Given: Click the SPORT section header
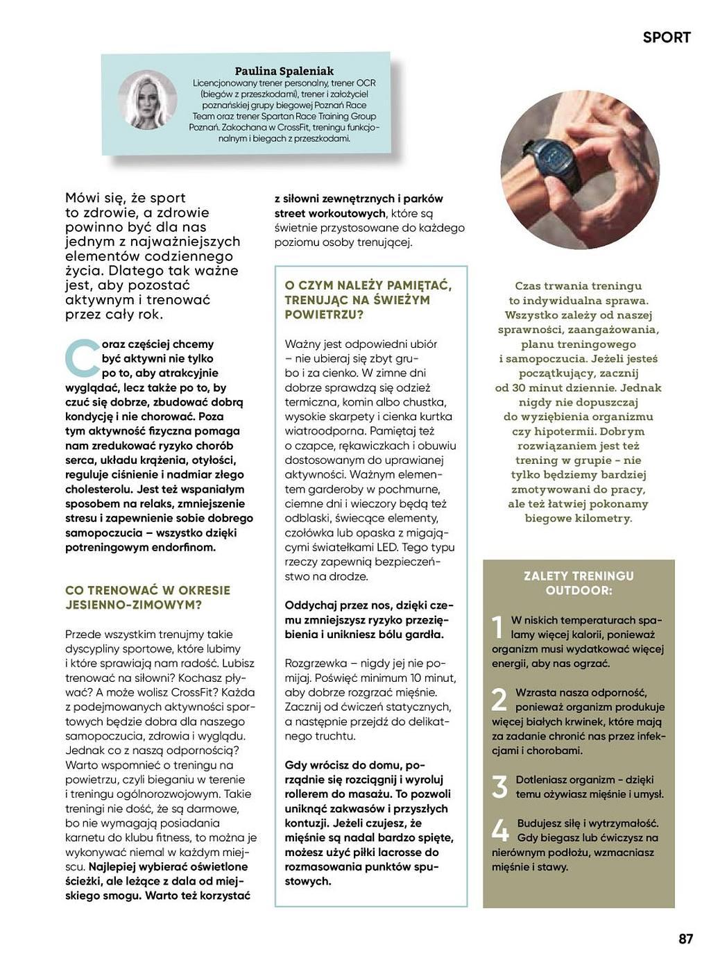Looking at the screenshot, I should tap(666, 37).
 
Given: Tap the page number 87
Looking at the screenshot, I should tap(685, 939).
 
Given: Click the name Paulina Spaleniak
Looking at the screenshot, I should tap(284, 71).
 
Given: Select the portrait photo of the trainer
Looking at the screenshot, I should tap(147, 100).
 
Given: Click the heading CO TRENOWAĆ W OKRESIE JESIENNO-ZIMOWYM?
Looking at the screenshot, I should tap(147, 597).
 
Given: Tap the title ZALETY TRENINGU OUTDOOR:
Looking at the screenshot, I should tap(579, 583).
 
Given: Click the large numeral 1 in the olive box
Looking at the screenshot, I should tap(497, 627).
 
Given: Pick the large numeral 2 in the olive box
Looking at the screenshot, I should tap(499, 700).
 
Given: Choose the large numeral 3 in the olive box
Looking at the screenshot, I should tap(499, 787).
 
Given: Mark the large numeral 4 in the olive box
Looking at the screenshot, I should tap(499, 830).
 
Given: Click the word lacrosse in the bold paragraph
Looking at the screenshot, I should tap(404, 852).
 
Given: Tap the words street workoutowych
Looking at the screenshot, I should tap(329, 213).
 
